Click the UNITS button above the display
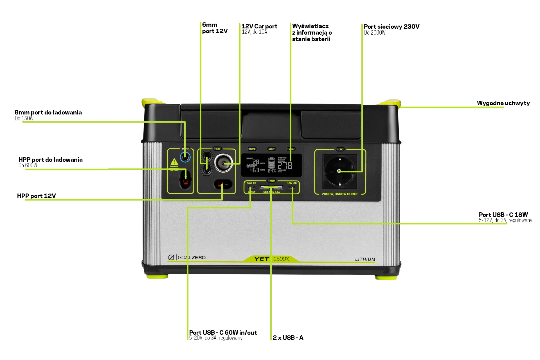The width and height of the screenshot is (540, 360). pyautogui.click(x=252, y=149)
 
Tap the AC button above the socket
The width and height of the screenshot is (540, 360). pyautogui.click(x=341, y=149)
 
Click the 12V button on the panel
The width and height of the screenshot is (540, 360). pyautogui.click(x=218, y=148)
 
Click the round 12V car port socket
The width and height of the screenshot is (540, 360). pyautogui.click(x=224, y=163)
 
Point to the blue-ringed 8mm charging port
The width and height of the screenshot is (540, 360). pyautogui.click(x=185, y=157)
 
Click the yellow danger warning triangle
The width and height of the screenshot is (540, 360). pyautogui.click(x=174, y=162)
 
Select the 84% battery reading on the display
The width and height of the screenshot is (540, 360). pyautogui.click(x=272, y=171)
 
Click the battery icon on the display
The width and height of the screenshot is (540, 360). pyautogui.click(x=271, y=163)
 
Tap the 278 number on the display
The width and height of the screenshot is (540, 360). pyautogui.click(x=285, y=166)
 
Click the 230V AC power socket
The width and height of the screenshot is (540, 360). pyautogui.click(x=339, y=171)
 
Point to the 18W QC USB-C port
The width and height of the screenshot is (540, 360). pyautogui.click(x=292, y=188)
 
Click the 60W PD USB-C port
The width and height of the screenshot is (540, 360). pyautogui.click(x=251, y=188)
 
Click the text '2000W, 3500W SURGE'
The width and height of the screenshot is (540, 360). pyautogui.click(x=340, y=194)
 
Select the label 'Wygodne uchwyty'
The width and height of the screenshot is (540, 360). pyautogui.click(x=503, y=103)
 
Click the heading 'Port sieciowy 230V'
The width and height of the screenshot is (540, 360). pyautogui.click(x=391, y=27)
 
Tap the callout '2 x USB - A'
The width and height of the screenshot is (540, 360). pyautogui.click(x=288, y=337)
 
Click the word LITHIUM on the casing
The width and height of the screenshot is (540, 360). pyautogui.click(x=365, y=259)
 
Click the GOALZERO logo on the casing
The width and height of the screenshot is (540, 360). pyautogui.click(x=187, y=257)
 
